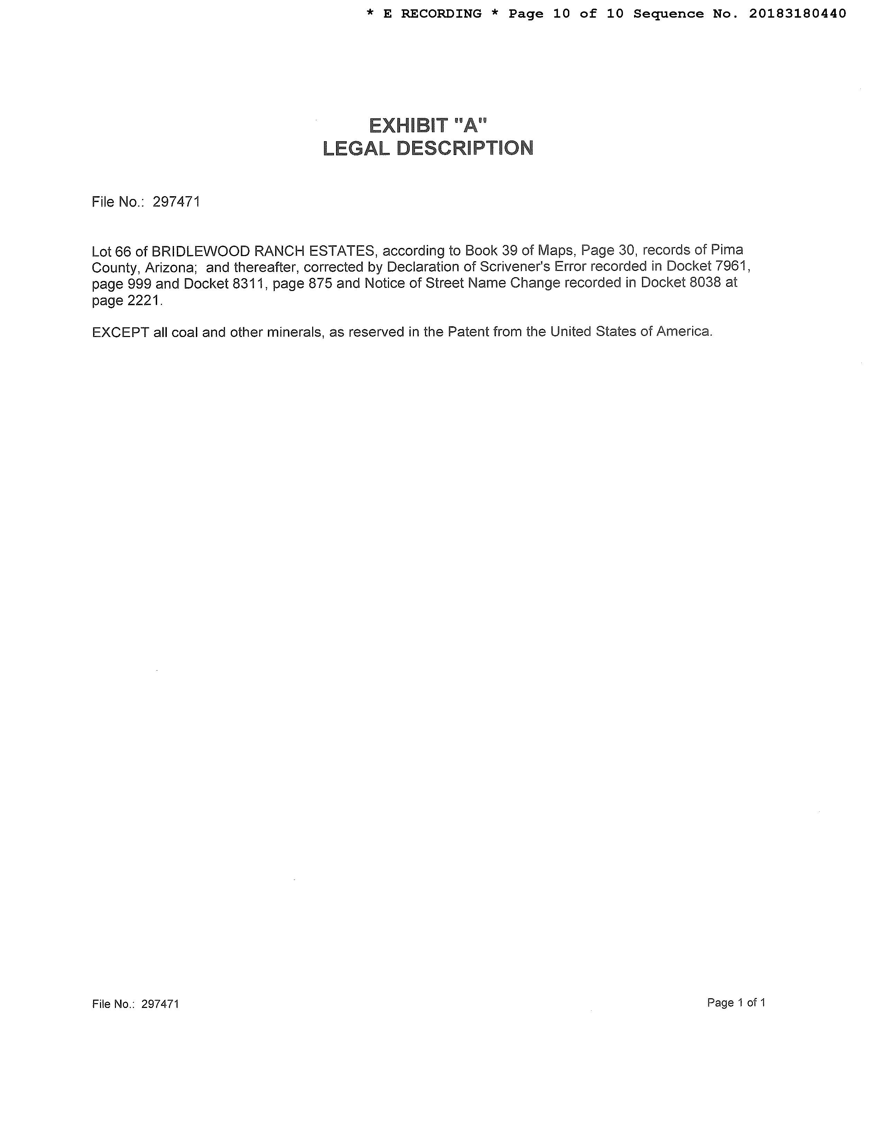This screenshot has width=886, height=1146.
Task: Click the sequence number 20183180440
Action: tap(797, 13)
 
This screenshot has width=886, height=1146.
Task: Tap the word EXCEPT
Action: tap(120, 333)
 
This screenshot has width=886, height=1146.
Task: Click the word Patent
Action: tap(465, 331)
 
